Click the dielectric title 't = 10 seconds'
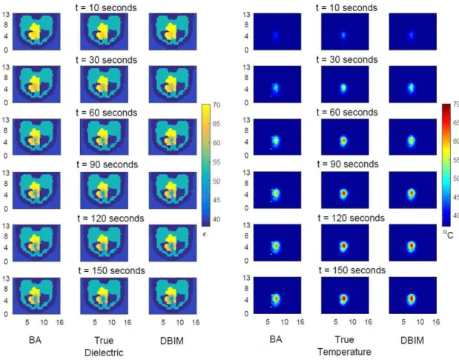click(106, 7)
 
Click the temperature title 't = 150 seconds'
click(352, 270)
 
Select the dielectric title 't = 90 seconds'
click(107, 164)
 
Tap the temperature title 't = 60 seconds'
click(347, 113)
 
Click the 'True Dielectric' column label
click(104, 346)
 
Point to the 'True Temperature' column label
click(344, 346)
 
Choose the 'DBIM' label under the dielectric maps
click(172, 341)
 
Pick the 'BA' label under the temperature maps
click(276, 339)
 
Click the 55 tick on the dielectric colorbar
click(217, 162)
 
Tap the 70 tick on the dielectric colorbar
click(217, 105)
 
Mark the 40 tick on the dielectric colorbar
click(217, 219)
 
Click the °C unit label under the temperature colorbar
click(448, 234)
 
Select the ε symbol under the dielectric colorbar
click(205, 234)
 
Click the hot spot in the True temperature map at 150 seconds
click(343, 299)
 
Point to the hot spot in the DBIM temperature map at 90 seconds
click(412, 193)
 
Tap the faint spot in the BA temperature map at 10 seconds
click(275, 36)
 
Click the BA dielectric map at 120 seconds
click(36, 243)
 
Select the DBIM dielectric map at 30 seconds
click(173, 84)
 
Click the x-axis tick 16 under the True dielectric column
click(128, 322)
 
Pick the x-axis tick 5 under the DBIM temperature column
click(403, 322)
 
